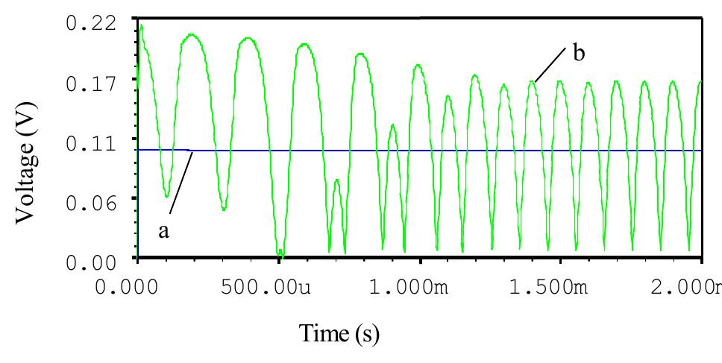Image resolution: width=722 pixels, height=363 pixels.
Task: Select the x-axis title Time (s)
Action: point(339,333)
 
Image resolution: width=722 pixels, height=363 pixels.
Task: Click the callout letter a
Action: point(164,232)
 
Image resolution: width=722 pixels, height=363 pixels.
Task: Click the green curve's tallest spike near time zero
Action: point(141,26)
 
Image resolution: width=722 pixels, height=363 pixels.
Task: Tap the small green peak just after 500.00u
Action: point(337,180)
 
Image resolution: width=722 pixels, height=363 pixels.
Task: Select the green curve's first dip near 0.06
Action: point(166,196)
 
